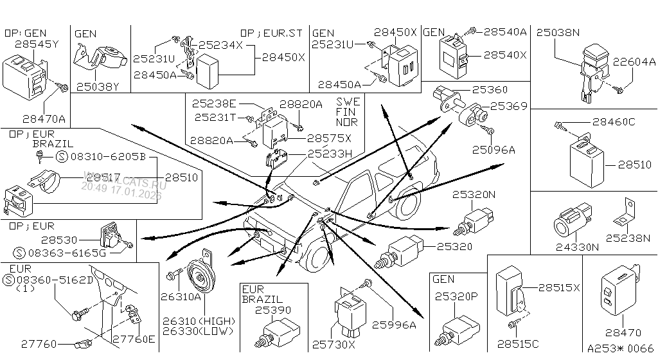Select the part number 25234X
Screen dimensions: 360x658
[220, 45]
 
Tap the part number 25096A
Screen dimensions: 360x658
[493, 150]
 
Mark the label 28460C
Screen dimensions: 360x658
[614, 121]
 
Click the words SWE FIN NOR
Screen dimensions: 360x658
[348, 111]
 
